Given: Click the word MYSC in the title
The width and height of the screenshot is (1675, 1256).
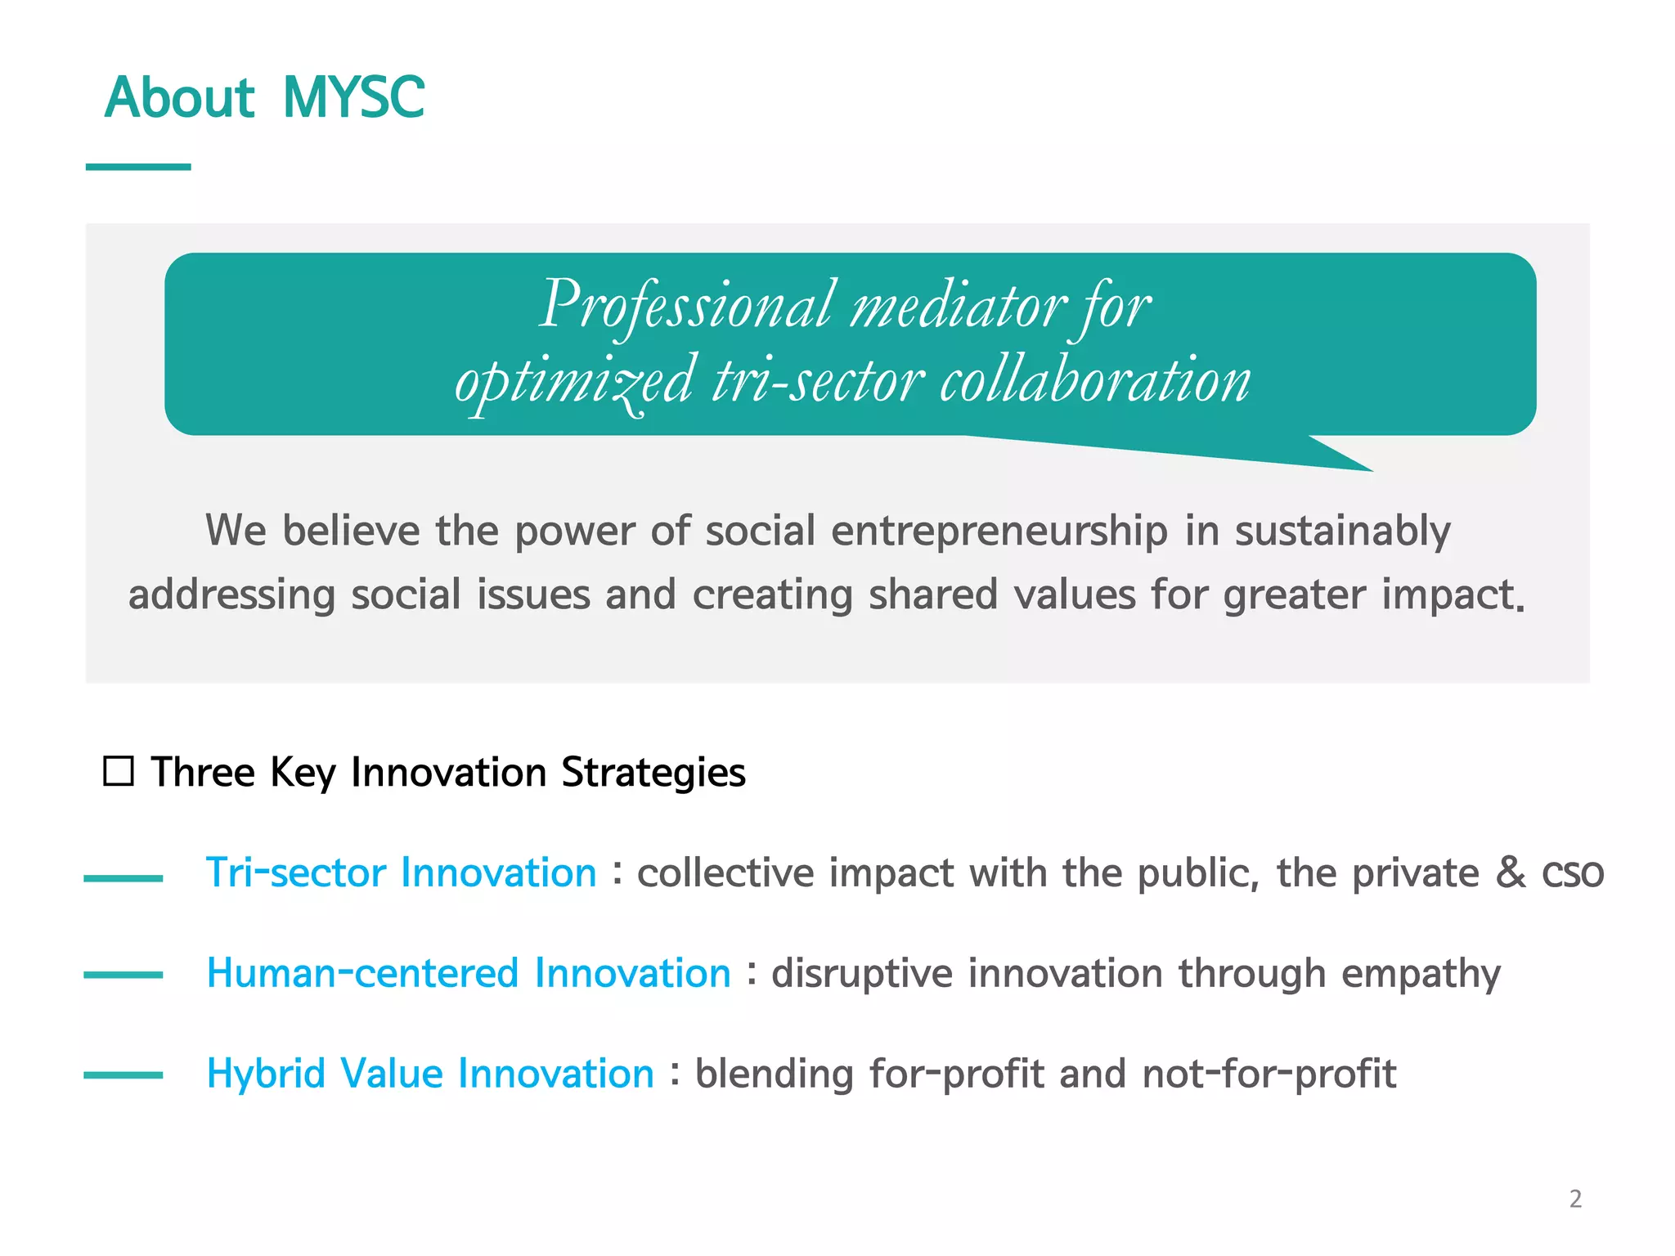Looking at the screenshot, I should (x=353, y=98).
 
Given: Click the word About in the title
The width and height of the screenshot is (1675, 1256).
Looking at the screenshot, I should (x=179, y=98).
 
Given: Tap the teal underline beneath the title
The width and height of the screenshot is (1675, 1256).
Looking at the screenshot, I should (x=138, y=167).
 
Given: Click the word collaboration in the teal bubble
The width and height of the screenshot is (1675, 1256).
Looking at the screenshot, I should (x=1095, y=381).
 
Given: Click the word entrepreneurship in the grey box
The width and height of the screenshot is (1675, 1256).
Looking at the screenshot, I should (x=999, y=531).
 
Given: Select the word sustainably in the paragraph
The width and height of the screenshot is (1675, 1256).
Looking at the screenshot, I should (x=1342, y=531).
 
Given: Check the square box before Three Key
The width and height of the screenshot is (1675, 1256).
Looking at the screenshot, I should (x=119, y=771).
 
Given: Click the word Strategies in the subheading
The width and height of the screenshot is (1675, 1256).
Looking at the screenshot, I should (x=653, y=772).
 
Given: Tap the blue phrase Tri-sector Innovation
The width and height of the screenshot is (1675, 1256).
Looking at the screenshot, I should (x=401, y=872).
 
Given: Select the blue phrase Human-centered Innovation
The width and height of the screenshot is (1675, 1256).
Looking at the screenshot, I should (x=469, y=973).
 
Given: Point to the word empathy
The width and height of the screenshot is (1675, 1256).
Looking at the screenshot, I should (x=1421, y=975).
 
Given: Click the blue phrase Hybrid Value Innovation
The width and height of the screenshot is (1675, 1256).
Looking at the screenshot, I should (x=430, y=1074).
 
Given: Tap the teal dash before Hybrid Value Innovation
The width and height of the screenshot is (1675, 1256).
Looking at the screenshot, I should (x=123, y=1075).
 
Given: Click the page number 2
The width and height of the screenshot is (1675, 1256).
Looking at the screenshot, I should (x=1575, y=1199).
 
